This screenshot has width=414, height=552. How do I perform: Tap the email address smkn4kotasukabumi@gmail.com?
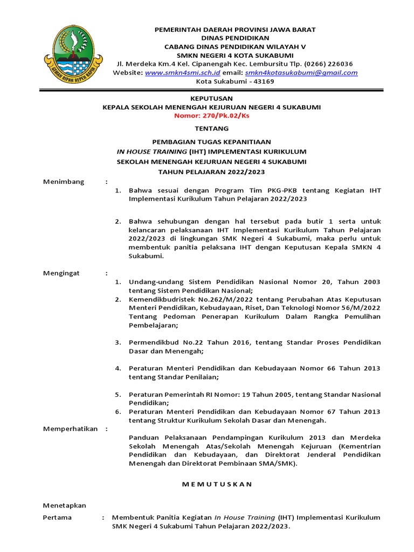(x=301, y=72)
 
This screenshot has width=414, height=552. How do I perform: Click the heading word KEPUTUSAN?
(x=211, y=99)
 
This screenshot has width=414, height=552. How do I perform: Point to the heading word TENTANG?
(x=211, y=128)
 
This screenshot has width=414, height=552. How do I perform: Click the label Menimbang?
(x=64, y=182)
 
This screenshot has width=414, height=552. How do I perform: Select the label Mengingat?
(x=61, y=273)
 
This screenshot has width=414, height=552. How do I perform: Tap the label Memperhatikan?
(x=70, y=429)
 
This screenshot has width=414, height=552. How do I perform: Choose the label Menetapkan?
(x=64, y=506)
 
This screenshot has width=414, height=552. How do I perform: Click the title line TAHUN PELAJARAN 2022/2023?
(x=211, y=172)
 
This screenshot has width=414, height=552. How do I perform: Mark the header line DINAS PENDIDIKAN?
(x=212, y=38)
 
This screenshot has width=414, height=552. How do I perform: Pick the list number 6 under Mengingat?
(x=118, y=411)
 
